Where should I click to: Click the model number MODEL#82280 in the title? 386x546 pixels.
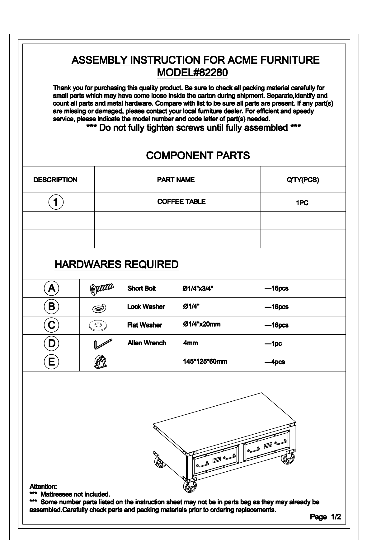(x=192, y=72)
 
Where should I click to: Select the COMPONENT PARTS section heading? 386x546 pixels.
(x=198, y=156)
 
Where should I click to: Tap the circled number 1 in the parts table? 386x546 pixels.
(x=56, y=202)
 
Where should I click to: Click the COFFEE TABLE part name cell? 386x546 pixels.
(x=181, y=202)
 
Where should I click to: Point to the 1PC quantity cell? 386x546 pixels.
(x=302, y=203)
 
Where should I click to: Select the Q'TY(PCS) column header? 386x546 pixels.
(x=303, y=180)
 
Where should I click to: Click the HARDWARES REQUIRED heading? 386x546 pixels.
(x=116, y=264)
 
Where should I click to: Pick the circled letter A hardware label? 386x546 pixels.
(x=51, y=288)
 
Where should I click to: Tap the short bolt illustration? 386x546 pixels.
(x=102, y=289)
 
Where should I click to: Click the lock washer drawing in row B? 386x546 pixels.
(x=99, y=308)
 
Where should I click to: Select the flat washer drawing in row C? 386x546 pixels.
(x=99, y=325)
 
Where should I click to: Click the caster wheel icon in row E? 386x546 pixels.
(x=100, y=362)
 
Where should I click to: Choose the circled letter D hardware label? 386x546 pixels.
(x=51, y=343)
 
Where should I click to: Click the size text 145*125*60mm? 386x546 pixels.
(x=205, y=362)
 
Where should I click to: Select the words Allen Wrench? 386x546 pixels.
(x=147, y=343)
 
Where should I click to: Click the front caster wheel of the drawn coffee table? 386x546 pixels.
(x=190, y=487)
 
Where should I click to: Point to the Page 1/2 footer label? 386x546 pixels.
(x=325, y=517)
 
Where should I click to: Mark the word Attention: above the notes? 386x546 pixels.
(x=43, y=486)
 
